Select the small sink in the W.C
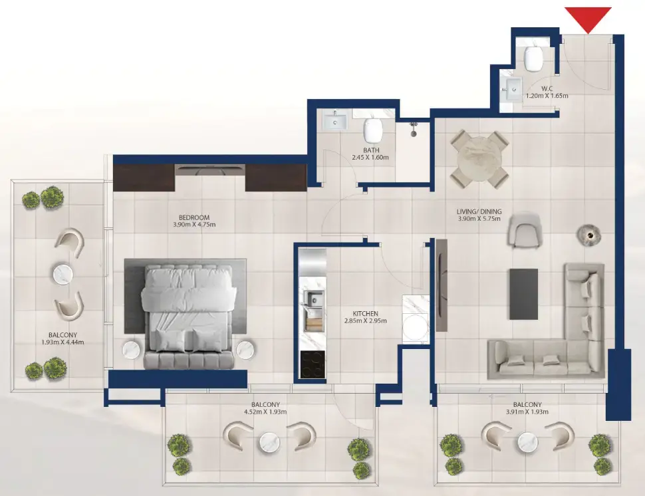coord(511,88)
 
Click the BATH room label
coord(371,150)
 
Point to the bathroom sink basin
coord(334,122)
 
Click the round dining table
coord(479,160)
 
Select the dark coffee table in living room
coord(523,293)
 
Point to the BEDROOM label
coord(194,217)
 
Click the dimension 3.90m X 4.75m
coord(194,225)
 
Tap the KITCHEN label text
coord(365,313)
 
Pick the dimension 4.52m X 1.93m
coord(265,412)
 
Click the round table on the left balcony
coord(62,273)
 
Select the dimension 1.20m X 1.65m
coord(547,96)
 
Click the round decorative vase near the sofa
coord(588,234)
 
